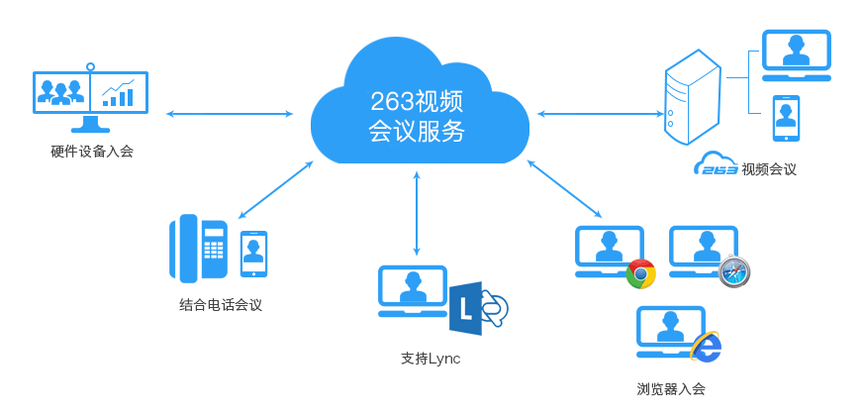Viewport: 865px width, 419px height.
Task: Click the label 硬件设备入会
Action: click(x=91, y=152)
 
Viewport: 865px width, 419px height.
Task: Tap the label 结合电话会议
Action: click(x=221, y=305)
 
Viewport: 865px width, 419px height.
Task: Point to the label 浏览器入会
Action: click(x=671, y=388)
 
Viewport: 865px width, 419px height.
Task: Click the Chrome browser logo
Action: click(x=641, y=273)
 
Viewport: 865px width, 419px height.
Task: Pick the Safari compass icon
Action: click(x=734, y=270)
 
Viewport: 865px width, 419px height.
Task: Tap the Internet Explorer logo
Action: click(x=706, y=347)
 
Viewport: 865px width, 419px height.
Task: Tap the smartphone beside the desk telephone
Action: click(x=254, y=254)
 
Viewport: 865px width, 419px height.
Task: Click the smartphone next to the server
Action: click(x=786, y=119)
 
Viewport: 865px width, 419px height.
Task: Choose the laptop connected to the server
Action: click(x=796, y=55)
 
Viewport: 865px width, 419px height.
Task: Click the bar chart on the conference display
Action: click(x=119, y=93)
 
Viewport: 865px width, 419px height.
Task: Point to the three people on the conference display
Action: click(x=60, y=92)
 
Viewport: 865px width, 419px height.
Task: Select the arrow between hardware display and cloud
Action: click(x=230, y=114)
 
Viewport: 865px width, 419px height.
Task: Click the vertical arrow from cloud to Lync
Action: click(x=417, y=213)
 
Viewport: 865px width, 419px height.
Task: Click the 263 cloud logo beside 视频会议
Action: click(x=715, y=165)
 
